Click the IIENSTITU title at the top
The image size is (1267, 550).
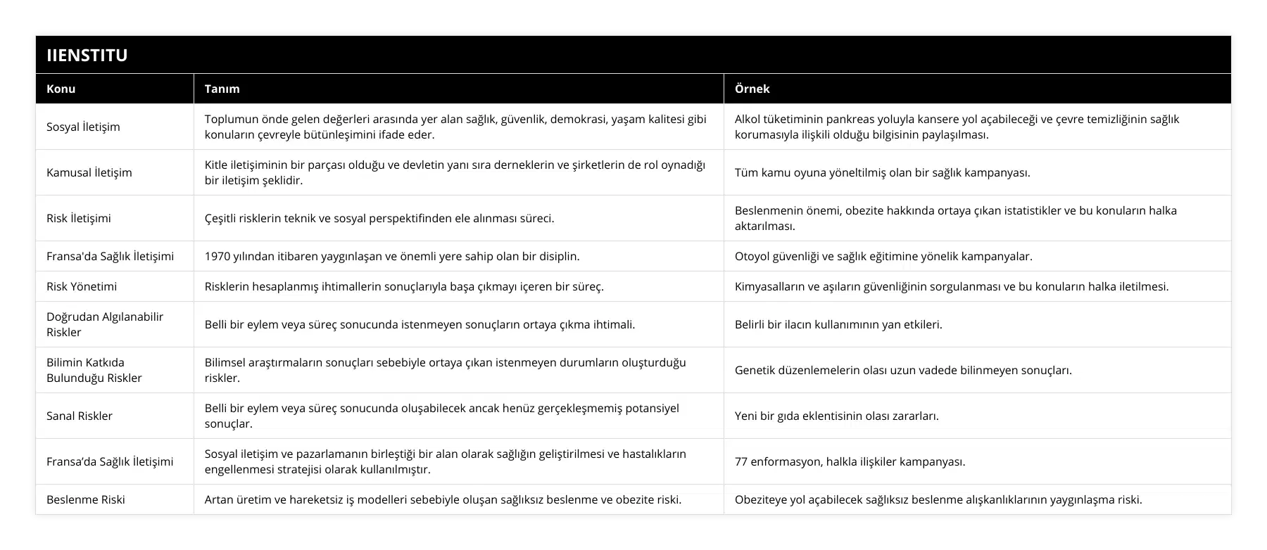click(x=87, y=56)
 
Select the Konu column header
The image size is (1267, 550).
click(x=61, y=89)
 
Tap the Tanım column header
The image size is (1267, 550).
click(x=222, y=89)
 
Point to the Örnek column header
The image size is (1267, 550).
click(x=752, y=89)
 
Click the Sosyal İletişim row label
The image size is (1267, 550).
click(x=83, y=127)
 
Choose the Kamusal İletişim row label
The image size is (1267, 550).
click(x=89, y=172)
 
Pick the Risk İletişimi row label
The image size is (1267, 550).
click(x=78, y=218)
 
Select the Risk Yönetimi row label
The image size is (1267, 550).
click(x=82, y=286)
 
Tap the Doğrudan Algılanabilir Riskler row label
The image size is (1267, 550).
click(x=104, y=324)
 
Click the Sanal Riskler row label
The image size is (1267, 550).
click(x=80, y=416)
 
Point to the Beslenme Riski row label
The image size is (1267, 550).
click(x=85, y=499)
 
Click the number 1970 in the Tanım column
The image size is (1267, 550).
click(x=218, y=256)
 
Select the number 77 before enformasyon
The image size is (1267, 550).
click(x=741, y=461)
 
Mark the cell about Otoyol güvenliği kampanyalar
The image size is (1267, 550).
click(x=883, y=256)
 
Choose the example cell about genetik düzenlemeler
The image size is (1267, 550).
click(x=903, y=370)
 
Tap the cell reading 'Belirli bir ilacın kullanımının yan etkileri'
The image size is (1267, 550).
click(x=838, y=324)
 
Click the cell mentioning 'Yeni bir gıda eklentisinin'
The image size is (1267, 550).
click(x=836, y=416)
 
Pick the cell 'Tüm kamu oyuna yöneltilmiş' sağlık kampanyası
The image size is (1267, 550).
click(x=882, y=172)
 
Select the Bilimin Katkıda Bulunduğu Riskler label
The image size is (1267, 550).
click(x=94, y=370)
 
